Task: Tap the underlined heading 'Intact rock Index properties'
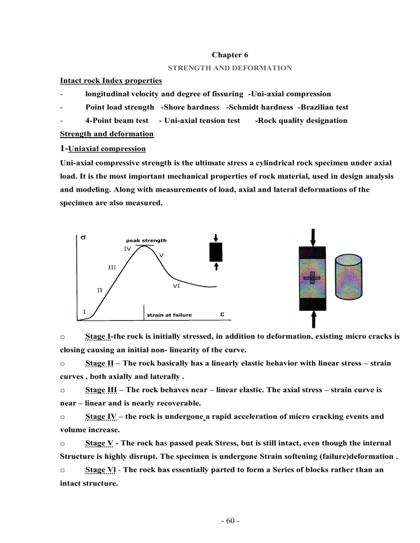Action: (110, 81)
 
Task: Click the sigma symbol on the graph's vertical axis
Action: (83, 238)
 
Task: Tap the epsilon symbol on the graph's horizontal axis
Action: (221, 314)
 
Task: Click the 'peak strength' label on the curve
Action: (146, 240)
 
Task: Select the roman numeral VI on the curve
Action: (177, 285)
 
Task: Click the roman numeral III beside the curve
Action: (111, 268)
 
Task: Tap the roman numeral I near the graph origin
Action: (84, 311)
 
